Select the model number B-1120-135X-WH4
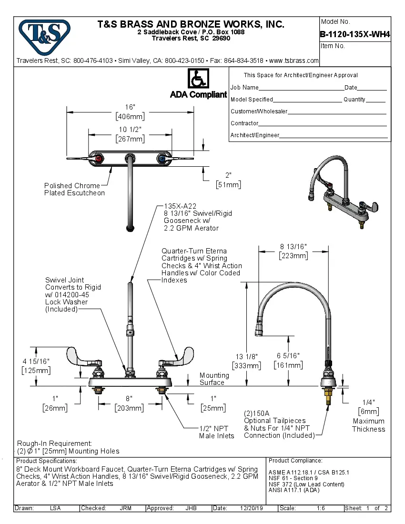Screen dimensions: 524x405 (355, 34)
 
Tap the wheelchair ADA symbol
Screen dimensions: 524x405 (198, 78)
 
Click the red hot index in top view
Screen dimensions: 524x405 (99, 159)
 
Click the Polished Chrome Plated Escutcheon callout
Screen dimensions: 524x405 (74, 189)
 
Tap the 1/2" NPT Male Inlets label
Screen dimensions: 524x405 (217, 432)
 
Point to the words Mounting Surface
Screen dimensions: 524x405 (214, 379)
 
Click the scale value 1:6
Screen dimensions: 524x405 (321, 508)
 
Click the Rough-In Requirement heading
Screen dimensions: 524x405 (54, 443)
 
